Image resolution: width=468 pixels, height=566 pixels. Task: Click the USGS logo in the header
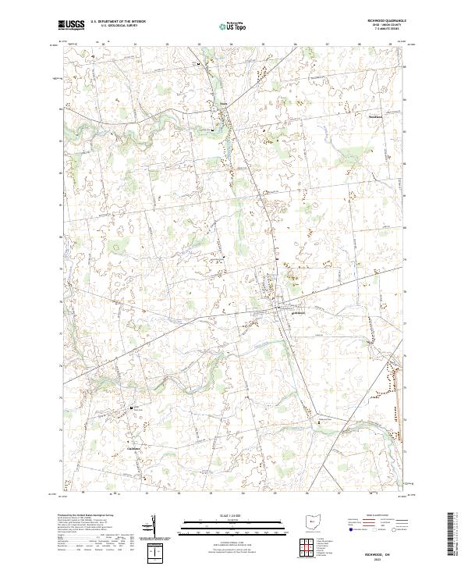[71, 24]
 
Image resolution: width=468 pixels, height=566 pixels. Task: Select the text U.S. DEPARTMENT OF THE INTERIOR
[114, 21]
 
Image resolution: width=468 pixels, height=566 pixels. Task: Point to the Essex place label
[222, 103]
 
